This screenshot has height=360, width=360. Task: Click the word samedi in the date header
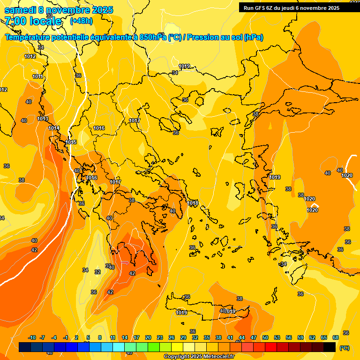[x=20, y=10]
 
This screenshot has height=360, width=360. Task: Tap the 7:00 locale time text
[x=33, y=21]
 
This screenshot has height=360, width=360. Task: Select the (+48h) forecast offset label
[x=81, y=21]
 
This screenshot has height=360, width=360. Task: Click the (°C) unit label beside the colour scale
[x=345, y=348]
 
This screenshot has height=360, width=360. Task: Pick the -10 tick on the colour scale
[x=32, y=337]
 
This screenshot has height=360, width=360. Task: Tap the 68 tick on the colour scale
[x=336, y=337]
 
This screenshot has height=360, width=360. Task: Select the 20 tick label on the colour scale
[x=148, y=337]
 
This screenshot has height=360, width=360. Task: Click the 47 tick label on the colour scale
[x=254, y=337]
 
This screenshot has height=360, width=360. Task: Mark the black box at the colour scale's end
[x=330, y=347]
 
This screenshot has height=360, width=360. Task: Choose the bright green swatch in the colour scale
[x=154, y=347]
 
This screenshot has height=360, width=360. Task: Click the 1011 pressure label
[x=38, y=76]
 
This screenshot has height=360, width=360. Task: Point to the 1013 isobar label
[x=43, y=119]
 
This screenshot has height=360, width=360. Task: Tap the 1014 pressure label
[x=54, y=128]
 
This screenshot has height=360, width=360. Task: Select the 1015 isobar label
[x=71, y=142]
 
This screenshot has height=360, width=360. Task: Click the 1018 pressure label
[x=193, y=202]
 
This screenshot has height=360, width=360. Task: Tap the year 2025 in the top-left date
[x=99, y=10]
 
